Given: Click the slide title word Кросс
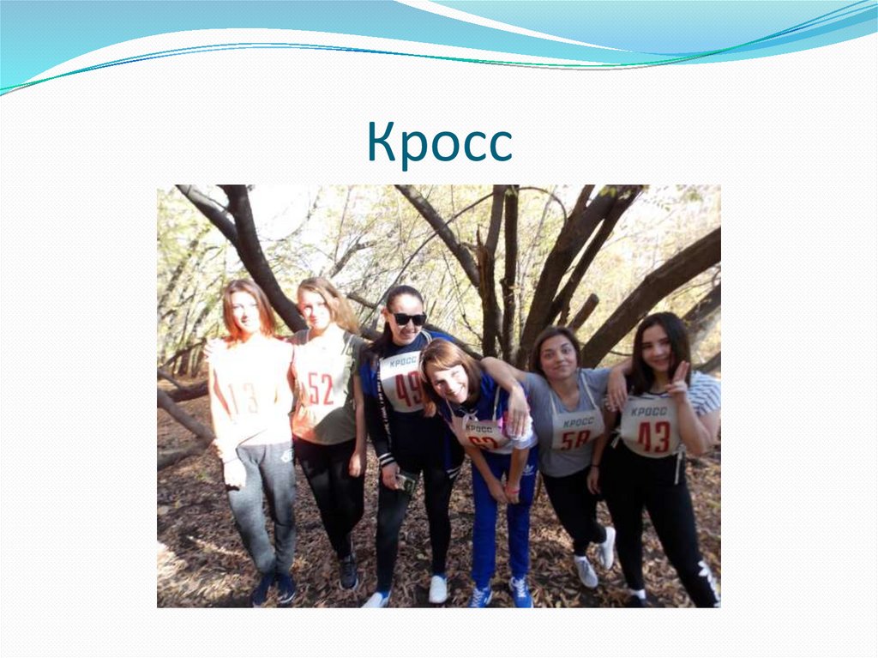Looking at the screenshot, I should (x=439, y=142).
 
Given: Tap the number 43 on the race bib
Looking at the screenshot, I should (x=653, y=437).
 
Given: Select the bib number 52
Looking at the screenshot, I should (x=320, y=389).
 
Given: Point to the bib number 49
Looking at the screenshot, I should (x=408, y=389).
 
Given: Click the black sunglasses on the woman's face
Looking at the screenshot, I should (x=409, y=319).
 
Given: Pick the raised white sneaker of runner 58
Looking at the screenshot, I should (x=607, y=547).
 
